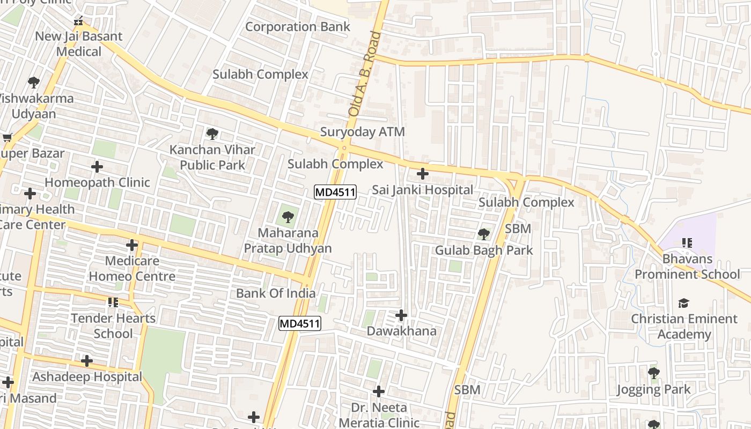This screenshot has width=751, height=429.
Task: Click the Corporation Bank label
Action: pos(297,27)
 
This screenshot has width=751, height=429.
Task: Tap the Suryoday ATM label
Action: pos(362,132)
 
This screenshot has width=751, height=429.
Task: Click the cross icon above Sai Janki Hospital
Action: pos(423,174)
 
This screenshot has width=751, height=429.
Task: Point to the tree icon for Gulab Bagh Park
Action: pos(483,234)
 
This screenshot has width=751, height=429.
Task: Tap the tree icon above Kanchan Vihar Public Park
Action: pos(212,134)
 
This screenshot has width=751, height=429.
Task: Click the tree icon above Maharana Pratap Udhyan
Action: pos(288,217)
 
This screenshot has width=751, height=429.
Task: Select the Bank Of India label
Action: pos(276,293)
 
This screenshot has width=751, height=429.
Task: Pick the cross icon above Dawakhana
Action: pos(401,315)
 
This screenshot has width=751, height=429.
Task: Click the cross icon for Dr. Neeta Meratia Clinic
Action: pos(379,391)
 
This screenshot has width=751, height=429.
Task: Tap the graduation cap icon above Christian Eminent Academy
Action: pos(683,304)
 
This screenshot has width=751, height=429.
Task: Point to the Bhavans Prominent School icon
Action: pos(687,243)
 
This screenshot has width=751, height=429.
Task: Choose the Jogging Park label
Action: pos(653,389)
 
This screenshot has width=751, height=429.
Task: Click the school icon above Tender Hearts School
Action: pos(113,302)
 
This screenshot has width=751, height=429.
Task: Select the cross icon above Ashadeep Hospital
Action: pos(87,361)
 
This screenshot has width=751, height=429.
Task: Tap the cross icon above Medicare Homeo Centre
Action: pos(132,246)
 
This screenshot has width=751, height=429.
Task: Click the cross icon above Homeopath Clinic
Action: pos(97,167)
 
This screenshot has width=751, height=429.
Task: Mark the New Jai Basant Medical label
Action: pos(79,44)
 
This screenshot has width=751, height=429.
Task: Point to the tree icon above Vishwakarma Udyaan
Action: pos(34,83)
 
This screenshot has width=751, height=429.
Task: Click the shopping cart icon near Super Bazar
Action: pos(8,138)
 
